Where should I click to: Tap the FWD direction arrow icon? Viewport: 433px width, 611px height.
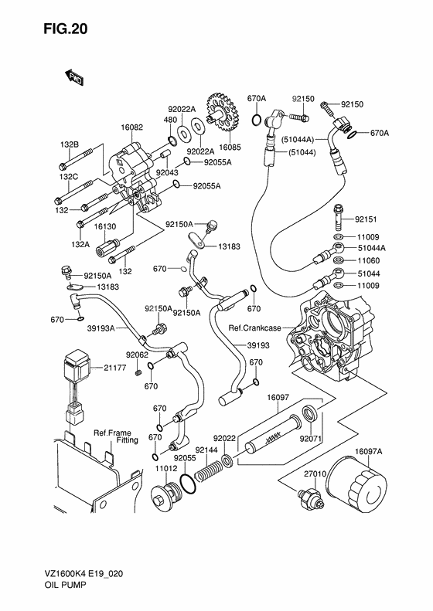(x=74, y=76)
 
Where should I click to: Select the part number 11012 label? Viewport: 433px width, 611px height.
(x=166, y=468)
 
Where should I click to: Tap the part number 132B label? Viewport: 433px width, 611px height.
(x=70, y=144)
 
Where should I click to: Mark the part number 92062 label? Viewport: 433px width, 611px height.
(x=138, y=355)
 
